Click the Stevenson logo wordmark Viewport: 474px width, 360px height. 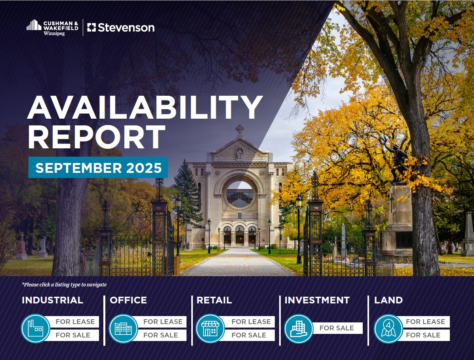pyautogui.click(x=121, y=27)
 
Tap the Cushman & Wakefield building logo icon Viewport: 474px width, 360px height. pyautogui.click(x=34, y=25)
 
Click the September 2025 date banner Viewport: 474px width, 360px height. pyautogui.click(x=98, y=168)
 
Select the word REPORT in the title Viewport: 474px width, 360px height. pyautogui.click(x=97, y=137)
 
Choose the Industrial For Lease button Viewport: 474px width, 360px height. pyautogui.click(x=75, y=322)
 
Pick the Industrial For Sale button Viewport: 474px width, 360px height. pyautogui.click(x=73, y=335)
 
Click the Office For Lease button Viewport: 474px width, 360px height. pyautogui.click(x=163, y=322)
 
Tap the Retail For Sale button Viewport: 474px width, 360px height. pyautogui.click(x=249, y=335)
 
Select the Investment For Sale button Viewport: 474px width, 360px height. pyautogui.click(x=337, y=328)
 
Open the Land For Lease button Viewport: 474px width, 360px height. pyautogui.click(x=425, y=322)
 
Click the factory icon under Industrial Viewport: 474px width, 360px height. pyautogui.click(x=36, y=329)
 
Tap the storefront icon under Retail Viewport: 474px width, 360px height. pyautogui.click(x=210, y=329)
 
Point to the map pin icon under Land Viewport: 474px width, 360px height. pyautogui.click(x=388, y=329)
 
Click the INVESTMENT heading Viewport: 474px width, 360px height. pyautogui.click(x=317, y=300)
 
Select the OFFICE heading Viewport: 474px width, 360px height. pyautogui.click(x=128, y=300)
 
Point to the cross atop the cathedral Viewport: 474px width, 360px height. pyautogui.click(x=240, y=129)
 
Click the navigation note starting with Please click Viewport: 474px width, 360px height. pyautogui.click(x=64, y=284)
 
